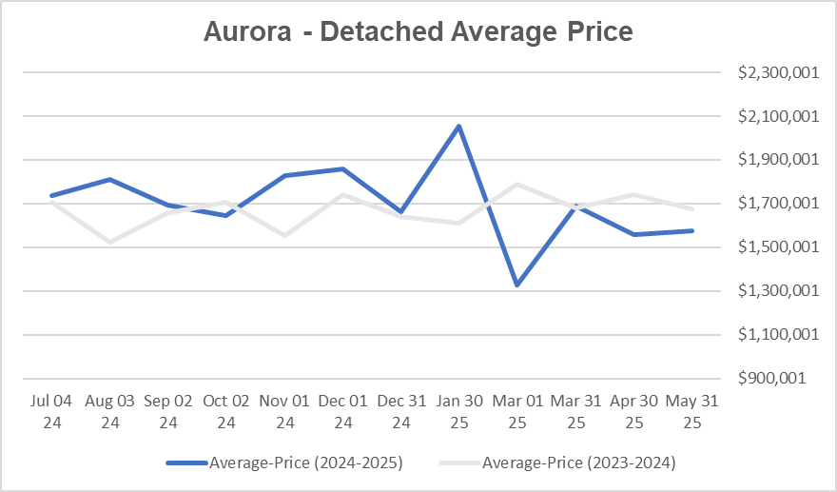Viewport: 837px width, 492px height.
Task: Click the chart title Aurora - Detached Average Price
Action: pos(418,31)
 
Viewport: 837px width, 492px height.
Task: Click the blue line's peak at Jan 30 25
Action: pos(459,126)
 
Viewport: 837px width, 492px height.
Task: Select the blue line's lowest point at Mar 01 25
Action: pos(517,285)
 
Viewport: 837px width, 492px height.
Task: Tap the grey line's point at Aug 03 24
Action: pos(110,242)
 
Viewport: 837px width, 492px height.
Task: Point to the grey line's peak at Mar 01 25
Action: pos(517,184)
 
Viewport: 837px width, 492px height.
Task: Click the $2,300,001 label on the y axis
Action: pos(777,73)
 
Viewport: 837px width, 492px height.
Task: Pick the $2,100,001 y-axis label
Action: pos(777,116)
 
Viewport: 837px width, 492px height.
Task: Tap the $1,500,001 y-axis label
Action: pos(777,247)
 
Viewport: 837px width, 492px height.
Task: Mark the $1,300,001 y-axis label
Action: pos(777,291)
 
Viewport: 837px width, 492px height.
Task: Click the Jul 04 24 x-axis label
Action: pos(52,411)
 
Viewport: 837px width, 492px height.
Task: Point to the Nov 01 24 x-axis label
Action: pos(284,411)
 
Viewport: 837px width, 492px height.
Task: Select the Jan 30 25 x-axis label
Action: pos(459,411)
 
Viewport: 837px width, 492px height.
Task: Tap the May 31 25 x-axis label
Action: pos(691,411)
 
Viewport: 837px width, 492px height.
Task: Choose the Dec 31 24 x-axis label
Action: pos(401,411)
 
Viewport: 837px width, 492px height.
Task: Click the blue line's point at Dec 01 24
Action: pos(343,168)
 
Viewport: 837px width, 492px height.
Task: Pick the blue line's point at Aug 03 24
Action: pos(110,179)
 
